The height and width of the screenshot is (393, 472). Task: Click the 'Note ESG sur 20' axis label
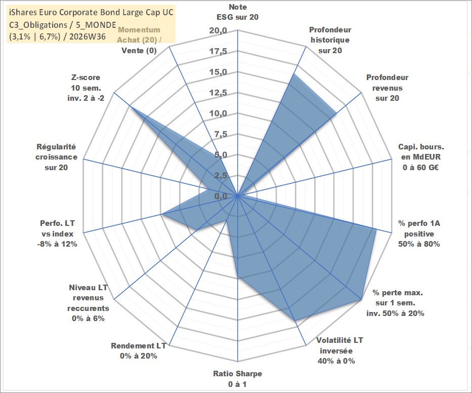click(x=237, y=12)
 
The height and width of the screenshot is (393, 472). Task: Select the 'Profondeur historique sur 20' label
click(x=330, y=40)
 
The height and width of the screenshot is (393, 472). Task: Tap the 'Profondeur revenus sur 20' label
click(x=387, y=88)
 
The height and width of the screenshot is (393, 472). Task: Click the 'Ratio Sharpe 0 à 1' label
click(x=237, y=379)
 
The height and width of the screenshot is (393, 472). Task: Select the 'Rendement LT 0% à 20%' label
click(x=139, y=351)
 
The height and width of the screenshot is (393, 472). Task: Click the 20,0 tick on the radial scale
click(x=218, y=31)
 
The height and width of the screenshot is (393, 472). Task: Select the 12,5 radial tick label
click(x=218, y=93)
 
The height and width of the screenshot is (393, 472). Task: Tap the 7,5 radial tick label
click(x=221, y=134)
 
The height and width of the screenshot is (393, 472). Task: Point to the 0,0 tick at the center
click(x=221, y=196)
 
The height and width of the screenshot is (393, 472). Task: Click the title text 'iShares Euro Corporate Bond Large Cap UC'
click(x=91, y=12)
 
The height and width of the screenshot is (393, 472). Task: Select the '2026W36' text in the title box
click(x=91, y=37)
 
